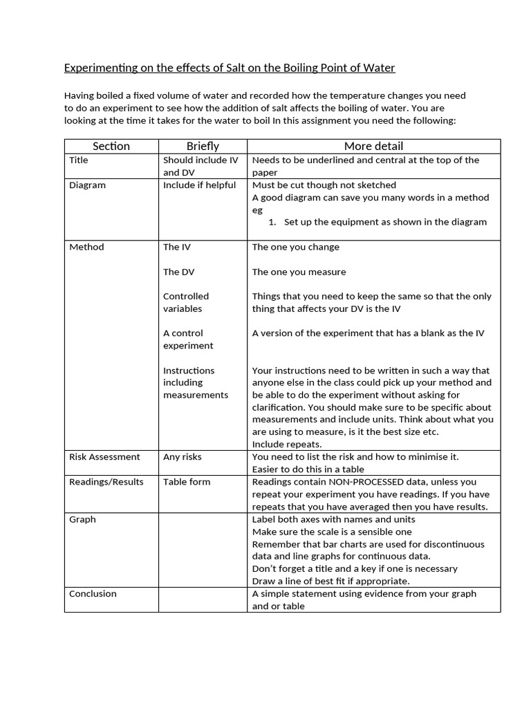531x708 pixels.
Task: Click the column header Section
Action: point(111,146)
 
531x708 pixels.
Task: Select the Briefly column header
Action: point(203,146)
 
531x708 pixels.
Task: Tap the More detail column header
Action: point(373,146)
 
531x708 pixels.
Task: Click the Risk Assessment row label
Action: point(104,457)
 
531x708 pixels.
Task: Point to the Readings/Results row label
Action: point(106,482)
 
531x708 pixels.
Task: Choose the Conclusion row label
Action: point(93,594)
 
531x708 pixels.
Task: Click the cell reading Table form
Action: point(187,482)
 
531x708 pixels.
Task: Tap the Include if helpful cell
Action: point(199,185)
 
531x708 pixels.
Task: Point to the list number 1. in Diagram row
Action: point(272,222)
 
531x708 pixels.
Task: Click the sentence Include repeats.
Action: point(287,445)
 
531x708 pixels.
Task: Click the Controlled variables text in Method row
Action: point(186,303)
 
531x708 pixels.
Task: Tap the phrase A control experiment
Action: point(188,339)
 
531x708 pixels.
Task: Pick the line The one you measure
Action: point(299,272)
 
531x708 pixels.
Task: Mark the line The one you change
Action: point(295,248)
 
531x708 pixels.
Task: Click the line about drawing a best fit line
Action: point(330,581)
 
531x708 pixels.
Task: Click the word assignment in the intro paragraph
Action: point(326,120)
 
